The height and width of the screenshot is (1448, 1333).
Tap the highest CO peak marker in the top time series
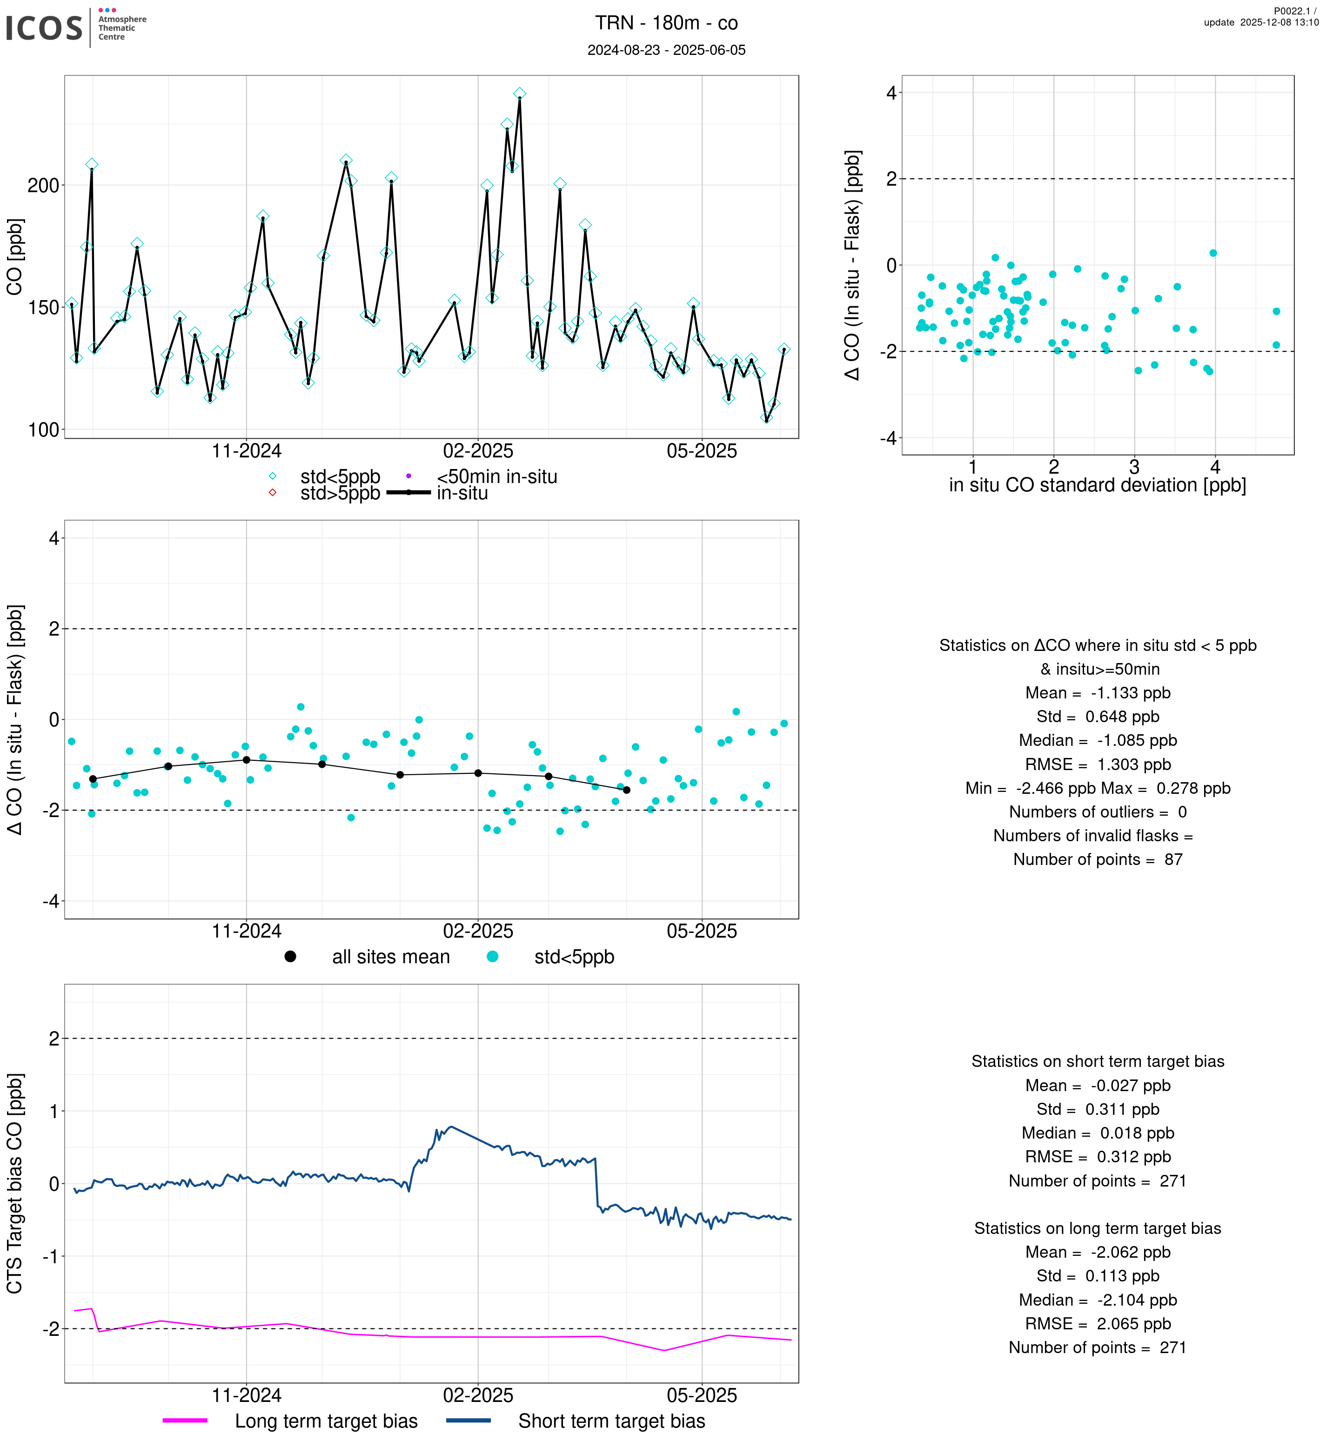click(x=519, y=94)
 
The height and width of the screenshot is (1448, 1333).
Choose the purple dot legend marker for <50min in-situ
click(x=409, y=476)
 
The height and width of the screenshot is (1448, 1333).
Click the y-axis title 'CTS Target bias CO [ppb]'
click(x=15, y=1183)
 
